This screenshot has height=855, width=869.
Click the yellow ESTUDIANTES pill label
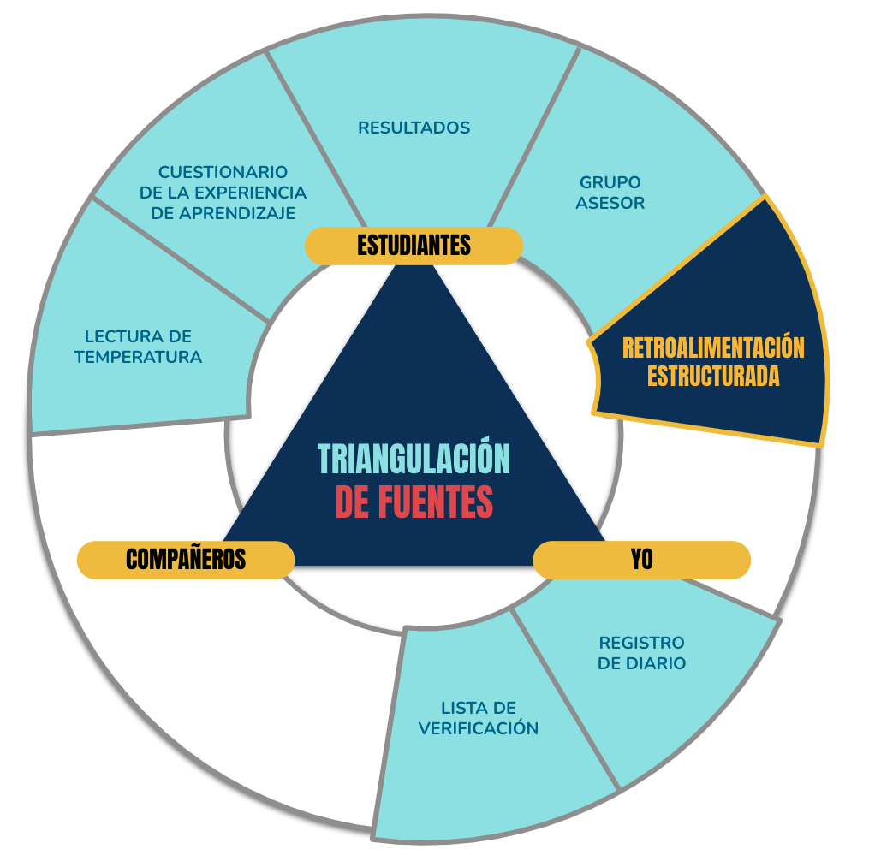coord(414,246)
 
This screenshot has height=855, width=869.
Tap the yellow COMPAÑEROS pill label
coord(186,560)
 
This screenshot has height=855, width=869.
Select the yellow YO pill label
coord(642,560)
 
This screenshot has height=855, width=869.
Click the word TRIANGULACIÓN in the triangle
coord(414,459)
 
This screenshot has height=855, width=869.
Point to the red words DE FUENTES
coord(414,502)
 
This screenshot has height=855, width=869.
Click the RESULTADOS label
coord(414,128)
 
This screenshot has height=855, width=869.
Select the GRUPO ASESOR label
coord(610,193)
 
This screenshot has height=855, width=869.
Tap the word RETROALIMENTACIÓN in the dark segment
coord(713,348)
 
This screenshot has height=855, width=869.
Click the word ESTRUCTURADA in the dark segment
coord(713,376)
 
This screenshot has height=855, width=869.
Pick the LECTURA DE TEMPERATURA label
coord(138,347)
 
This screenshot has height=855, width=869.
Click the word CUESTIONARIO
coord(223,172)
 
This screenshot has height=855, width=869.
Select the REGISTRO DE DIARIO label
coord(642,653)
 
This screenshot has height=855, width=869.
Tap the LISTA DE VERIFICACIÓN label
coord(479,717)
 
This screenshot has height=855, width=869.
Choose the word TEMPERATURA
coord(138,357)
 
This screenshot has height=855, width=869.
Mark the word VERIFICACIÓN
coord(479,728)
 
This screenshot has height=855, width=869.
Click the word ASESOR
coord(610,203)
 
